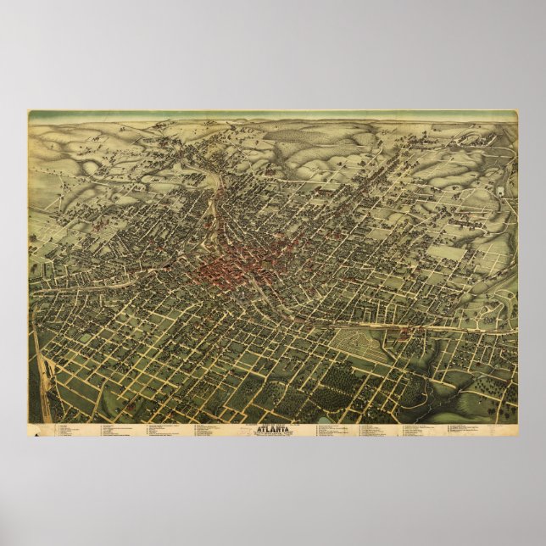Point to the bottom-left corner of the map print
(x=28, y=437)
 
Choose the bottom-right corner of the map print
(x=518, y=437)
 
